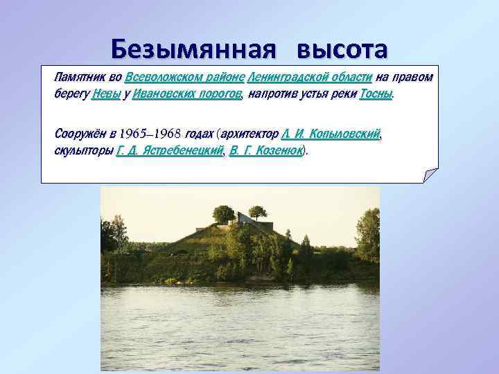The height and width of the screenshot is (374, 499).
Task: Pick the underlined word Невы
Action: tap(105, 93)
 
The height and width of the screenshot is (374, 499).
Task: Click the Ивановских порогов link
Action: tap(187, 93)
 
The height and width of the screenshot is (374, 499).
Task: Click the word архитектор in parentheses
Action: tap(248, 133)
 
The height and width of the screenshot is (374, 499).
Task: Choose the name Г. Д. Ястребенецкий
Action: tap(170, 150)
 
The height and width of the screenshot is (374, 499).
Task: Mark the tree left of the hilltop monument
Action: tap(223, 213)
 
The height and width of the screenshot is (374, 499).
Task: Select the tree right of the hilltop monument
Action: tap(258, 211)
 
